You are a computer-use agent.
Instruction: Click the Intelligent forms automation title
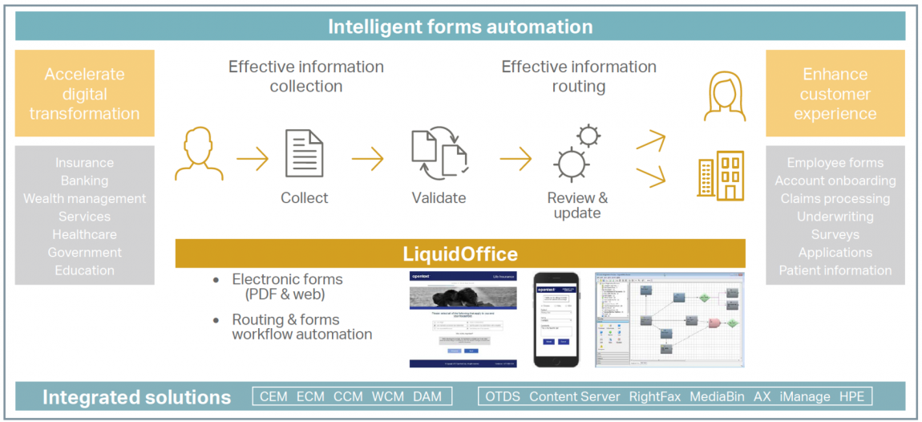(460, 26)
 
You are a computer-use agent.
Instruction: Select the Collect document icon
(305, 154)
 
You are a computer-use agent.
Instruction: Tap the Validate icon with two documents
(439, 155)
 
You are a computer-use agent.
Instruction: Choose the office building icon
(720, 176)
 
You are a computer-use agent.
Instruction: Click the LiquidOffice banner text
(460, 254)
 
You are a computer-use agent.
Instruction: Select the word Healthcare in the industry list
(84, 234)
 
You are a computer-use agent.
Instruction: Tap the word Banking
(84, 181)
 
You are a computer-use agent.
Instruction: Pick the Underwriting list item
(835, 217)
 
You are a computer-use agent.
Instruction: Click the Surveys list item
(835, 234)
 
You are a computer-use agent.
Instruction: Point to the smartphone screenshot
(555, 319)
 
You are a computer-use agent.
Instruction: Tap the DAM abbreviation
(427, 396)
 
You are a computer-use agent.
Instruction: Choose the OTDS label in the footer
(503, 396)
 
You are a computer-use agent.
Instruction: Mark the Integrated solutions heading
(136, 397)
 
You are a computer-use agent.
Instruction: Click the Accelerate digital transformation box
(84, 93)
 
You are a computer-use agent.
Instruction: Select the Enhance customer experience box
(835, 93)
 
